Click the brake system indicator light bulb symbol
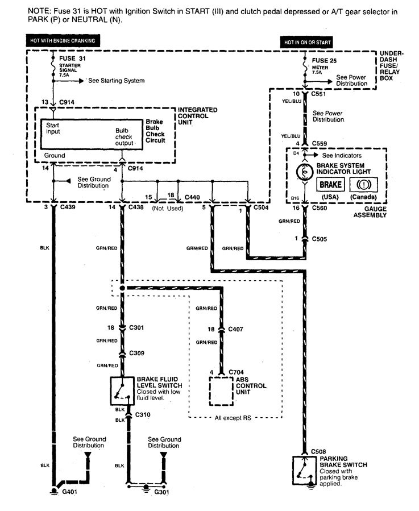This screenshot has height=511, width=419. click(305, 171)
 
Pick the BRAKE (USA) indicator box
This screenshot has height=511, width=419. click(330, 185)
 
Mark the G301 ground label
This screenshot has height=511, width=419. click(163, 492)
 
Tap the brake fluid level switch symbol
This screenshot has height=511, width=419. click(121, 392)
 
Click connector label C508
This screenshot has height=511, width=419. click(319, 451)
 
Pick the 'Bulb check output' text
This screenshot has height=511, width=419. click(123, 137)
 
